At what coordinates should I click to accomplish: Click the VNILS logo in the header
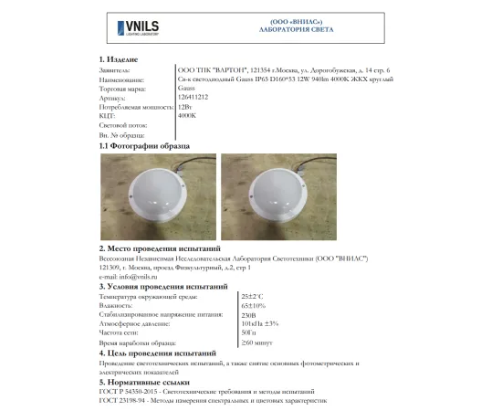point(138,27)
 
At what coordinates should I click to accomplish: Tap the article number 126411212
point(194,97)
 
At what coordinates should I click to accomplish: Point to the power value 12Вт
point(186,107)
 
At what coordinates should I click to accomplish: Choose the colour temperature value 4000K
point(188,116)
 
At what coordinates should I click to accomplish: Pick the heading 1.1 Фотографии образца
point(144,145)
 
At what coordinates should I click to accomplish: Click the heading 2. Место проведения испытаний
point(160,248)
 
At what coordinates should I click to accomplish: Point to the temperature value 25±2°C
point(253,296)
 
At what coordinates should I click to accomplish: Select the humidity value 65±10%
point(254,305)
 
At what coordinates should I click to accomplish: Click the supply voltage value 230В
point(248,314)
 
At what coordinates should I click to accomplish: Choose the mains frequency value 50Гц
point(248,332)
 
